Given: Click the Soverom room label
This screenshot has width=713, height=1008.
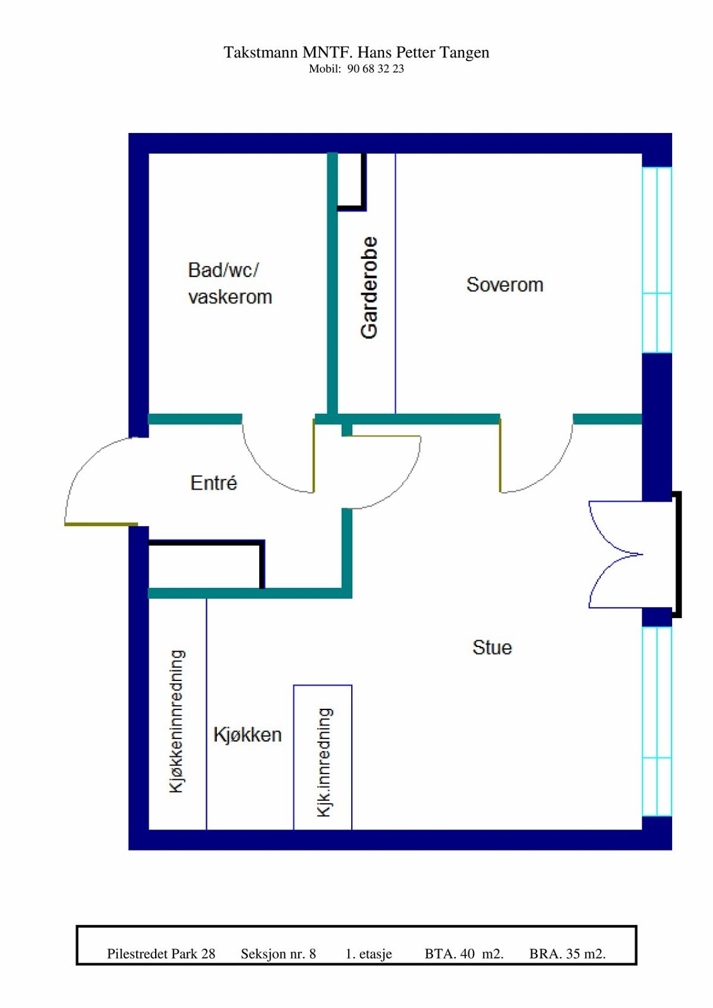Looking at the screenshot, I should [504, 285].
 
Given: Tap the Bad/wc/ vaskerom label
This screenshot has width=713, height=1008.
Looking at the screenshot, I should [229, 283].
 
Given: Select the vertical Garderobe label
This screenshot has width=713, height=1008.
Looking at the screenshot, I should [369, 287].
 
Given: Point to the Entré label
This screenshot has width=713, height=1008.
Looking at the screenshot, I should [214, 483].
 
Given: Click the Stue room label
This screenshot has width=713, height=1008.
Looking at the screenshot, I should [492, 648].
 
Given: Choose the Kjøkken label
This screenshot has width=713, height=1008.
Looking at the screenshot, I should [247, 735].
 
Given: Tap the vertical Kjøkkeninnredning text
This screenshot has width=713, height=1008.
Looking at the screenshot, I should [177, 721].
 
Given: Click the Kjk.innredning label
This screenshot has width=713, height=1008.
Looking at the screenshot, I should [324, 762].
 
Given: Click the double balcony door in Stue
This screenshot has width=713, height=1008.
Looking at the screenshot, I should [615, 554].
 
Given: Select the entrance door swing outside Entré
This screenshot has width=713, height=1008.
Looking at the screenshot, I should [95, 479].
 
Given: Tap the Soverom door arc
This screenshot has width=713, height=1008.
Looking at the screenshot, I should [542, 466].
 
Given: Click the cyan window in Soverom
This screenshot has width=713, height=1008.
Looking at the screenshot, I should [657, 260].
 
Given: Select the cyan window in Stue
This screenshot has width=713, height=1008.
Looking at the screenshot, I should [657, 721].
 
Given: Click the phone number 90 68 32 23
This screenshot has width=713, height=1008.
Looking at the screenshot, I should [375, 69].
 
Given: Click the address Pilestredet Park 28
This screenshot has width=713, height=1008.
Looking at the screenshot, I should [161, 954].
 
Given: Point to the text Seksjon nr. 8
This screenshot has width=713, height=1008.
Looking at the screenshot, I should [278, 954].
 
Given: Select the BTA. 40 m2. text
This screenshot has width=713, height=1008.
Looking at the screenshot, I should [464, 954].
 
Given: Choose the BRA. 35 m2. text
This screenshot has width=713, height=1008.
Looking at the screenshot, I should [567, 954].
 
